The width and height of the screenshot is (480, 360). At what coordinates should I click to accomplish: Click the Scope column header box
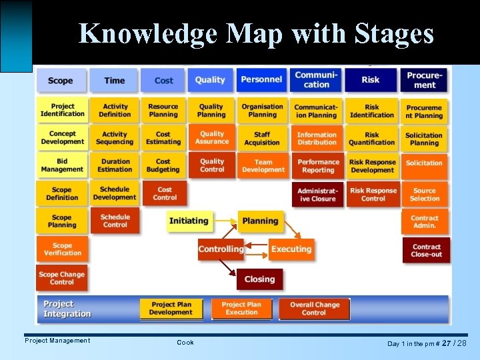[61, 81]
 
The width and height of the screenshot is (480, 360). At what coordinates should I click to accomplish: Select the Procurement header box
[425, 81]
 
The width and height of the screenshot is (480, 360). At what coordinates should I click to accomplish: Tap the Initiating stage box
[189, 221]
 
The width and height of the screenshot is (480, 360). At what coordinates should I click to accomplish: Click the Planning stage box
[260, 221]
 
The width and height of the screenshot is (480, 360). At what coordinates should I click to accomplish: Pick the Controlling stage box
[221, 249]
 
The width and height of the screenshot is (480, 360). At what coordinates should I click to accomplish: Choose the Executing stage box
[291, 249]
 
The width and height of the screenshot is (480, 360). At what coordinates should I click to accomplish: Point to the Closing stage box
[259, 279]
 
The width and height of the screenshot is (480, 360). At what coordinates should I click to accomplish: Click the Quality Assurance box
[212, 138]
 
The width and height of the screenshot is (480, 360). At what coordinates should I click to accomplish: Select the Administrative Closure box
[317, 195]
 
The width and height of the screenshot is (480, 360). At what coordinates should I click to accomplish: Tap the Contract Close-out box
[426, 251]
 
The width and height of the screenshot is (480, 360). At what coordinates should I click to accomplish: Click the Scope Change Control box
[62, 278]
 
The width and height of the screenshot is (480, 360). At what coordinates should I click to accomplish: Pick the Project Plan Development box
[171, 309]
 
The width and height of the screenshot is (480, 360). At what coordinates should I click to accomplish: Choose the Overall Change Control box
[314, 309]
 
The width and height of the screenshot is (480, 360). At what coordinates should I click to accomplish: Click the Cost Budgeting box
[163, 165]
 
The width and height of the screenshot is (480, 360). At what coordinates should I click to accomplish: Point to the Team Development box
[263, 165]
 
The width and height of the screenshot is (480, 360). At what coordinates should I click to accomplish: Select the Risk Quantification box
[372, 138]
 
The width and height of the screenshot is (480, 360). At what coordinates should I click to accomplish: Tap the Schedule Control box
[115, 221]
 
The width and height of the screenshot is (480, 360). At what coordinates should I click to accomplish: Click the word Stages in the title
[386, 33]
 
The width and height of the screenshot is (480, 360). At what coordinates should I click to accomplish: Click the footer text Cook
[185, 342]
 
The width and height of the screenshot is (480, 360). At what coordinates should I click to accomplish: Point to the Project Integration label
[67, 309]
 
